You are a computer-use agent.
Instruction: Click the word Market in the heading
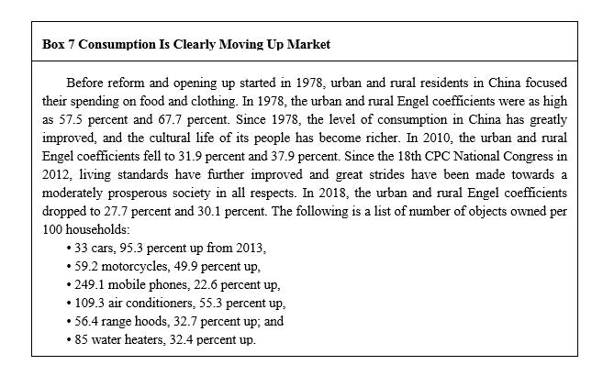[309, 44]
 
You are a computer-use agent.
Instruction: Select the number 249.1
[89, 284]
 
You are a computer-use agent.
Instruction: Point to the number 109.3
[89, 303]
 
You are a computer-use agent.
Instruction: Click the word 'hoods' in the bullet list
[151, 321]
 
